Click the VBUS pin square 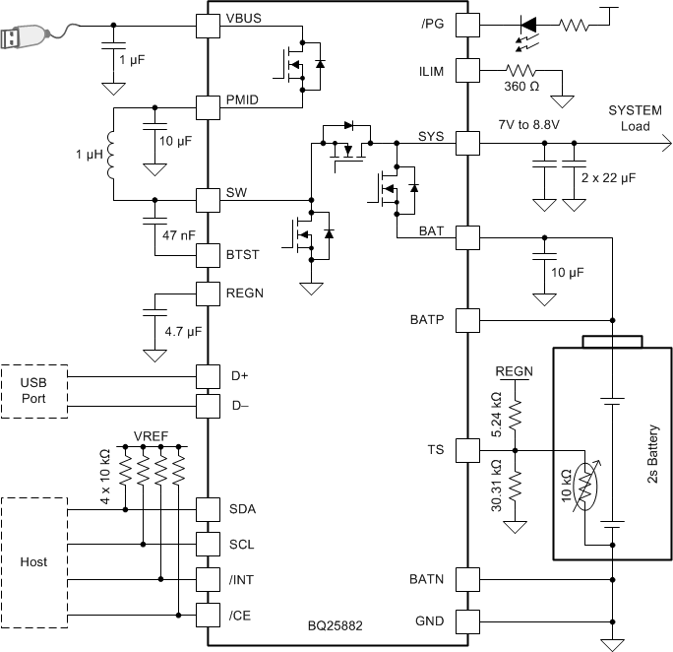208,25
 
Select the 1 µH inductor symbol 111,154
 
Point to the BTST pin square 208,254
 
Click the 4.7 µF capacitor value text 182,332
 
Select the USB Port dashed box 33,390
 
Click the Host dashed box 33,561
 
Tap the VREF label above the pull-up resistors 151,434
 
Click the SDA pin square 208,509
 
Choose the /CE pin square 208,615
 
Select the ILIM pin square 466,70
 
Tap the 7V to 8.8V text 528,125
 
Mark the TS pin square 466,450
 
